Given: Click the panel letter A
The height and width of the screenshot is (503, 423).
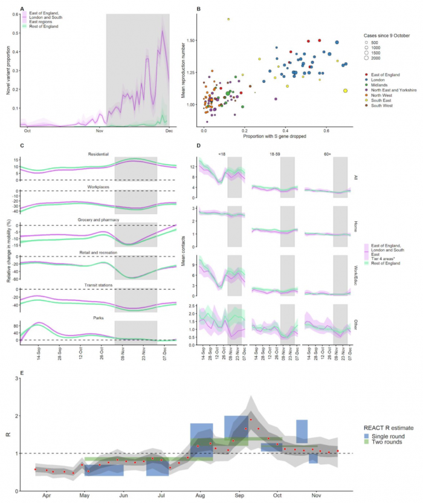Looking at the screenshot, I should pyautogui.click(x=22, y=8).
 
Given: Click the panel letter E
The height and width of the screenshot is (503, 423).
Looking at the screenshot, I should pyautogui.click(x=22, y=374).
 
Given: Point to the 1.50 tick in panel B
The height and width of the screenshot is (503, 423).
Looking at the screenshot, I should pyautogui.click(x=191, y=41).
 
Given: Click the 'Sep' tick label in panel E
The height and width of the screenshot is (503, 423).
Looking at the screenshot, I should pyautogui.click(x=239, y=495).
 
